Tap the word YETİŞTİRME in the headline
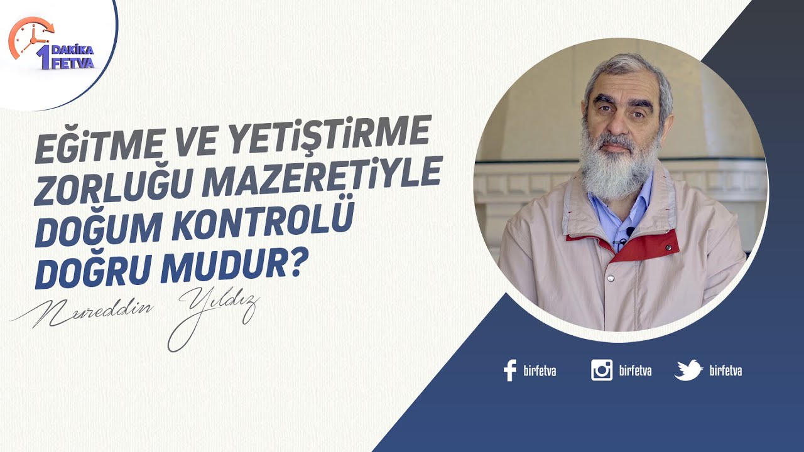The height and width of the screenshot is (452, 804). pos(329,135)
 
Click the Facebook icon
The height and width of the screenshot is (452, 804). pos(510,370)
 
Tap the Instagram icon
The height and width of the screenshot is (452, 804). pos(602,370)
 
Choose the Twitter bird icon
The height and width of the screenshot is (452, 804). pos(688,370)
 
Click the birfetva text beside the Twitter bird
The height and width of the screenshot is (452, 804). pos(725,370)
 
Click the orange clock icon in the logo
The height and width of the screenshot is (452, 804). pos(30,38)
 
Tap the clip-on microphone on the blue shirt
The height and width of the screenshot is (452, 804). pos(630,231)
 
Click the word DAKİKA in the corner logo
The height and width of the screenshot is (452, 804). pos(72,50)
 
